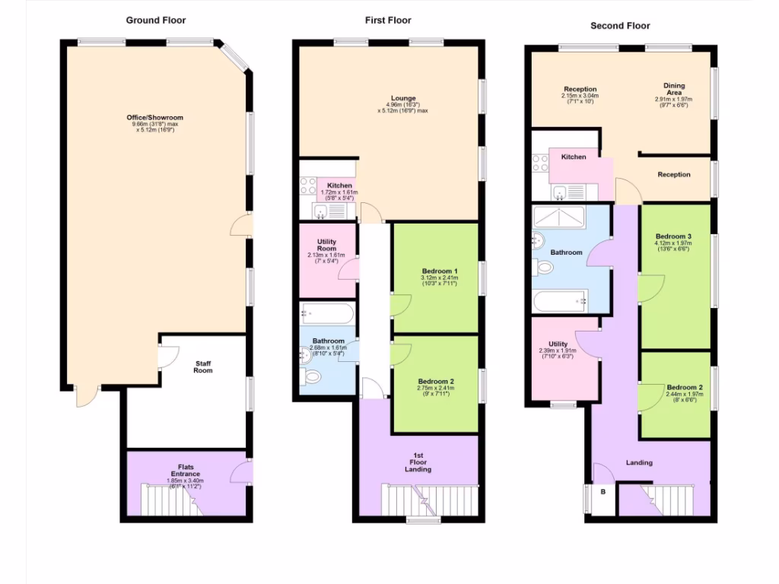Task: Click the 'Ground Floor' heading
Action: (x=155, y=21)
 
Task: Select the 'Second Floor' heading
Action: (x=620, y=26)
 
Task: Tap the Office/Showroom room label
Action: (x=155, y=118)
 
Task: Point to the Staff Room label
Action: (x=202, y=367)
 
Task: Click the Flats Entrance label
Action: (x=186, y=470)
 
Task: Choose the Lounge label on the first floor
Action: (x=403, y=98)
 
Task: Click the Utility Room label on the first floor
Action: (x=326, y=245)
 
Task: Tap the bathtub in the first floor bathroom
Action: (x=327, y=313)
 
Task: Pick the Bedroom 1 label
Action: (x=440, y=271)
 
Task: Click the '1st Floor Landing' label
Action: (x=418, y=462)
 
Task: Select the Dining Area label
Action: (x=673, y=90)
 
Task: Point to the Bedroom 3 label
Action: (x=673, y=236)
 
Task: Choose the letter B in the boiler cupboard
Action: (x=603, y=492)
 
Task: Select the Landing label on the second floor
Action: (x=639, y=462)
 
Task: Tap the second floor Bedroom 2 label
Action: (x=684, y=387)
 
